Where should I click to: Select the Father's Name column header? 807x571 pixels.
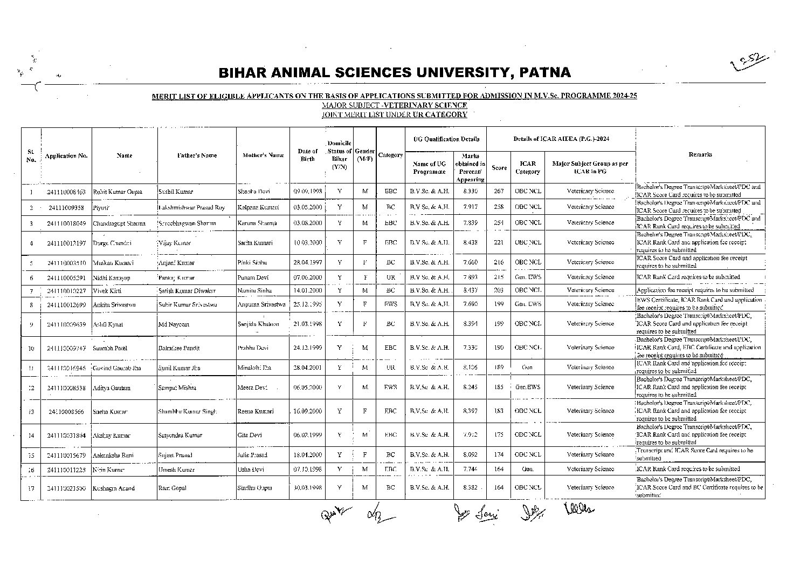197,155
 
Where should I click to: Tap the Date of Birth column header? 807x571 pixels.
307,155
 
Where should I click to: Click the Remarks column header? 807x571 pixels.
700,154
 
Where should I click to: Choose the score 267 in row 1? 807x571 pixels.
499,191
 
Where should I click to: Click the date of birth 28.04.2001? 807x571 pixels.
307,368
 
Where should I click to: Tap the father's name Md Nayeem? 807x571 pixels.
174,324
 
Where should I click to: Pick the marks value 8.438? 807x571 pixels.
470,243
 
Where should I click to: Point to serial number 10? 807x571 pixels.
31,348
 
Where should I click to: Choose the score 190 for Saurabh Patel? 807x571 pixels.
499,348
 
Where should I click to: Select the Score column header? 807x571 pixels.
499,168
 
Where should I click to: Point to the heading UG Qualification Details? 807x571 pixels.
446,139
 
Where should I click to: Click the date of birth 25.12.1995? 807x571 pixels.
307,304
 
